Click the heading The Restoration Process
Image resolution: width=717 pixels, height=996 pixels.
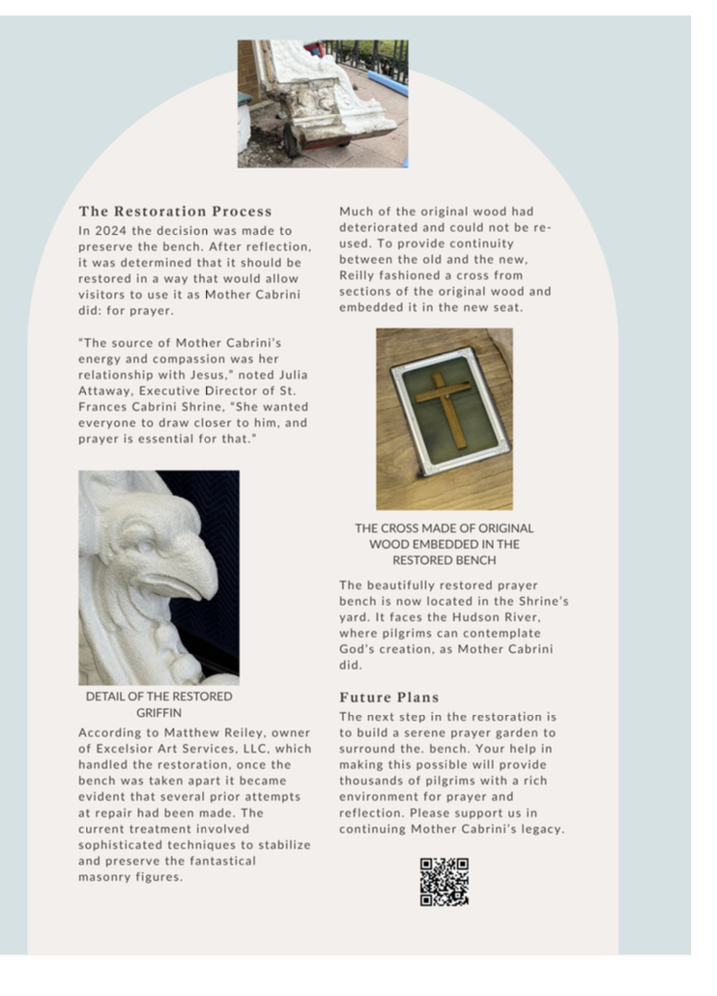tap(175, 211)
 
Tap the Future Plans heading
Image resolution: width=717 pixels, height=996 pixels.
tap(388, 697)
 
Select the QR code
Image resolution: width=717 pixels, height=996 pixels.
tap(444, 881)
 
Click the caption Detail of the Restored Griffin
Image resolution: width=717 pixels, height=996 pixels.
tap(158, 704)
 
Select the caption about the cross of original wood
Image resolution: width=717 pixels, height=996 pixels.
tap(444, 544)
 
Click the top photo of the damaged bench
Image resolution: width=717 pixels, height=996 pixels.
tap(322, 102)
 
